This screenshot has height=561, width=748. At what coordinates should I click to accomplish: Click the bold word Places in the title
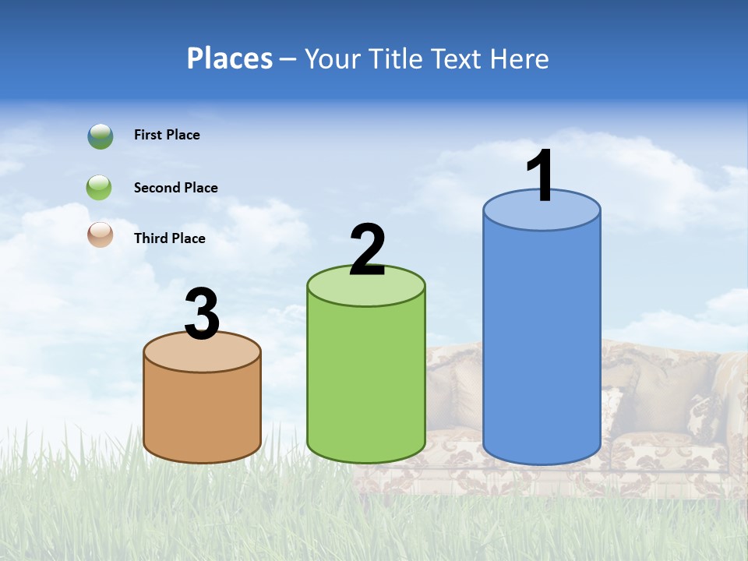230,58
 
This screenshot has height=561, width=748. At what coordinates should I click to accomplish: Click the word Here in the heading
521,58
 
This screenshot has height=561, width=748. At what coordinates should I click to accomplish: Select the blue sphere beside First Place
101,136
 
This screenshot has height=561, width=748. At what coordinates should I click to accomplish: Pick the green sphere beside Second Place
99,188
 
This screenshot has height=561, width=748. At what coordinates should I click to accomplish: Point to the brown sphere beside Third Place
101,235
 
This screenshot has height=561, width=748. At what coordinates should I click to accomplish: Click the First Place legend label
167,135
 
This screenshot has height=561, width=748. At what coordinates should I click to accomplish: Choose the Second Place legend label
175,188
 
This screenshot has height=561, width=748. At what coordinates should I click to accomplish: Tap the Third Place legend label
169,238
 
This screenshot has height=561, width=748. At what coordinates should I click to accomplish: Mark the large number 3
202,314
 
